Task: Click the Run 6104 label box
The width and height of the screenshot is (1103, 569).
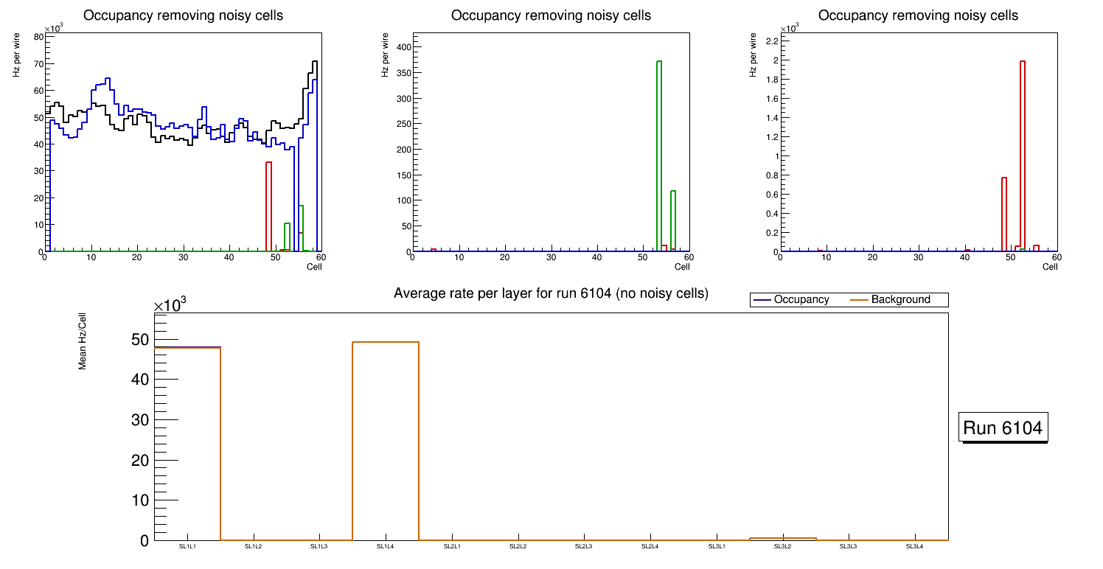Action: tap(1003, 427)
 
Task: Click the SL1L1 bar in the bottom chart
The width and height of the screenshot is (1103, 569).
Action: tap(187, 442)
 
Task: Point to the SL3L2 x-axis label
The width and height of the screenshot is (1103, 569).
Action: tap(782, 546)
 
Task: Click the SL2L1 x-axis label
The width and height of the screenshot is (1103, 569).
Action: tap(452, 546)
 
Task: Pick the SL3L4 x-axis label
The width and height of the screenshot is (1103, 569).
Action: tap(915, 546)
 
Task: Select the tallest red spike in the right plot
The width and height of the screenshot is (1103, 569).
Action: tap(1023, 155)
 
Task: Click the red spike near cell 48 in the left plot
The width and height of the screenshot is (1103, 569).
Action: tap(269, 206)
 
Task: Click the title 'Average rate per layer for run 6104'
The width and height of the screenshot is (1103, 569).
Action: tap(551, 293)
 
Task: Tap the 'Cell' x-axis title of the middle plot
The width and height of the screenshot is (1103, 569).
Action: tap(682, 267)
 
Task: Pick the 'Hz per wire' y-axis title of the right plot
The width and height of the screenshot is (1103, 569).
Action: tap(753, 55)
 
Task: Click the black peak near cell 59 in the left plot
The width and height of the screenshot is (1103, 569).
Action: tap(315, 63)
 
